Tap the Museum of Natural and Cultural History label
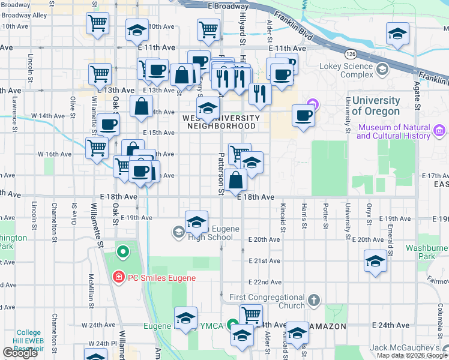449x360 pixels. [x=393, y=131]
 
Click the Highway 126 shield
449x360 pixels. [x=349, y=54]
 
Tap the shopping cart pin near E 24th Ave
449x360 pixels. [x=251, y=315]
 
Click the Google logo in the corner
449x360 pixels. [x=20, y=352]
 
